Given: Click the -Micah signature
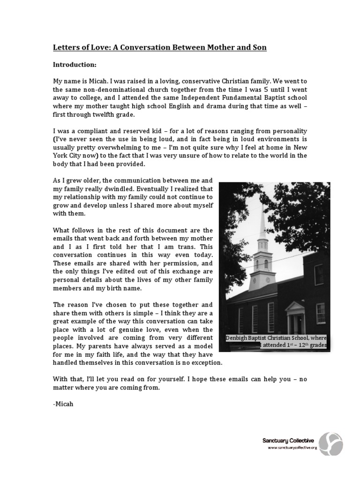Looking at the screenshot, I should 61,401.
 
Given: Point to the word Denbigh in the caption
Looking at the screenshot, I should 239,338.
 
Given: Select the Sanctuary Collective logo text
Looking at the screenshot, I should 288,441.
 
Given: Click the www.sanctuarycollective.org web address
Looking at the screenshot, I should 292,448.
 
